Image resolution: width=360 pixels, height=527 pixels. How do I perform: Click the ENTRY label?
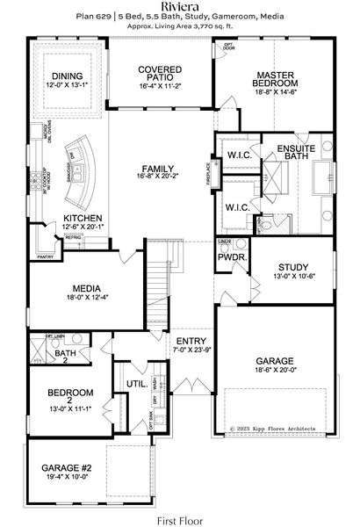point(191,341)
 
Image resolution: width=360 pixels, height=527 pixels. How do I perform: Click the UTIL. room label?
point(136,384)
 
